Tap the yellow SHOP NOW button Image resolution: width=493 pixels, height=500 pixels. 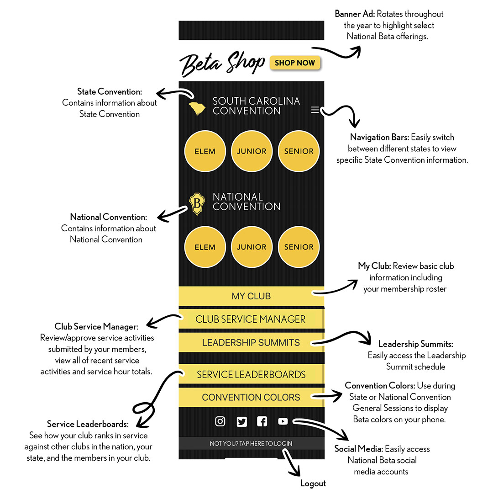(x=295, y=63)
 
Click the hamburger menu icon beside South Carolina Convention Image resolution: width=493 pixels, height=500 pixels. (x=315, y=110)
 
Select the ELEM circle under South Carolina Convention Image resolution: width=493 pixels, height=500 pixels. (x=205, y=151)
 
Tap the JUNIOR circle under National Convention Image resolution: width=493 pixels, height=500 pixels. (x=252, y=247)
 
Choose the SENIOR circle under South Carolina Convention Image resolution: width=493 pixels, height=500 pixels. (x=299, y=151)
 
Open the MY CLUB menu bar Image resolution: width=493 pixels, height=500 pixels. (x=251, y=296)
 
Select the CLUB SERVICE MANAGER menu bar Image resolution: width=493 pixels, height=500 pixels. (x=251, y=319)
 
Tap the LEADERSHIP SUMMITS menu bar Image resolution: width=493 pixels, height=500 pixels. (x=251, y=342)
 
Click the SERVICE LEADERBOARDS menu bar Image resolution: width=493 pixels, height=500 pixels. (x=251, y=374)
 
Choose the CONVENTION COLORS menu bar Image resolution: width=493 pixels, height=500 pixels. (x=251, y=397)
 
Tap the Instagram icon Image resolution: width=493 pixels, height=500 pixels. (x=220, y=421)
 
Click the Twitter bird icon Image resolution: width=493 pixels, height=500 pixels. (x=242, y=421)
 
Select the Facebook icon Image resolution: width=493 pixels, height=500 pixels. (x=262, y=421)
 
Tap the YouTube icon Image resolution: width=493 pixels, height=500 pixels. (x=283, y=421)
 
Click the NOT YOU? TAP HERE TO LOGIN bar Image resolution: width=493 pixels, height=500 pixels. (x=251, y=443)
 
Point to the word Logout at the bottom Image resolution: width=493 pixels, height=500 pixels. (x=313, y=484)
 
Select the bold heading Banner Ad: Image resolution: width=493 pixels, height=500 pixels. (x=355, y=14)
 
